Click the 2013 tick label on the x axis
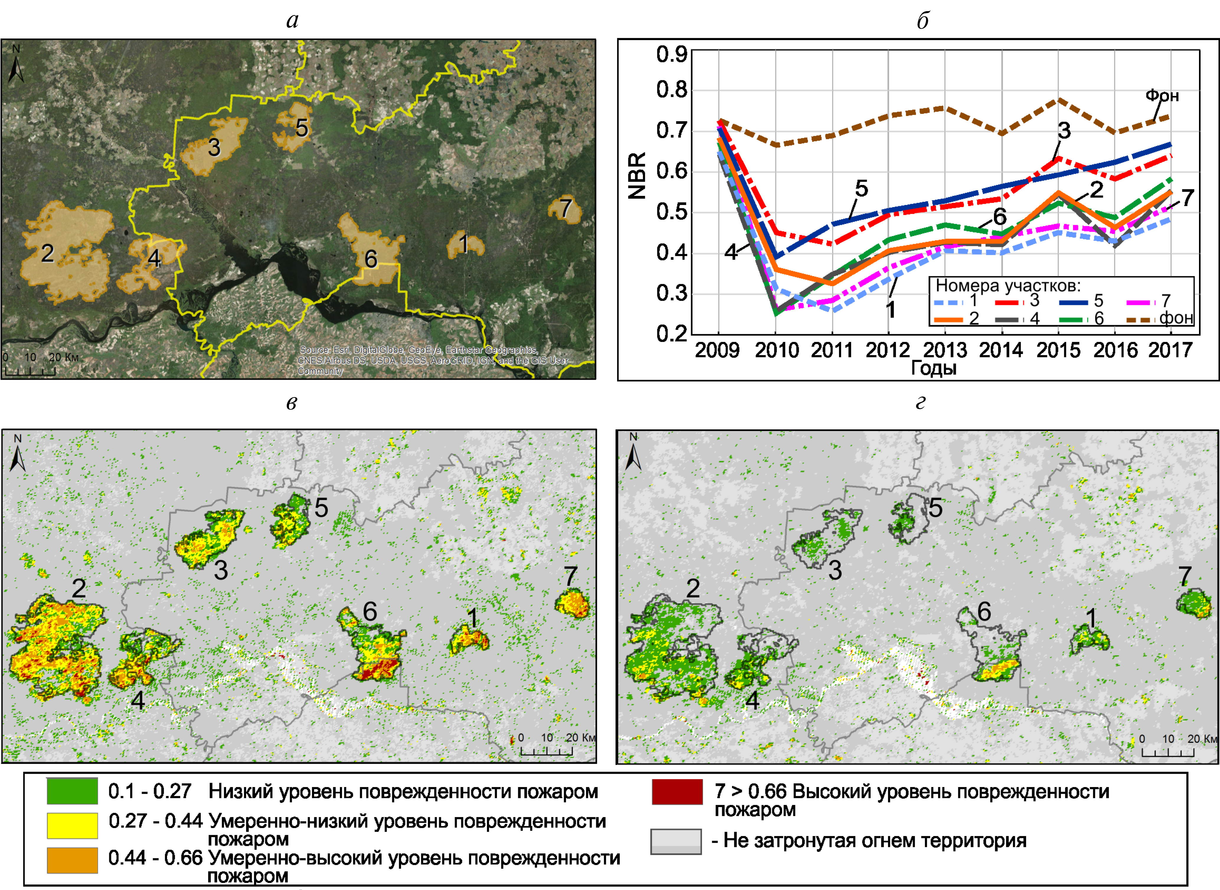pos(945,350)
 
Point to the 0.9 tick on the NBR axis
pos(671,54)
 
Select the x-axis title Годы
pos(933,368)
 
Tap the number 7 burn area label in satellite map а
pos(565,209)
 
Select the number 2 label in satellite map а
pos(48,253)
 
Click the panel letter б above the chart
pos(923,20)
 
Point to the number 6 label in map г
pos(984,612)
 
